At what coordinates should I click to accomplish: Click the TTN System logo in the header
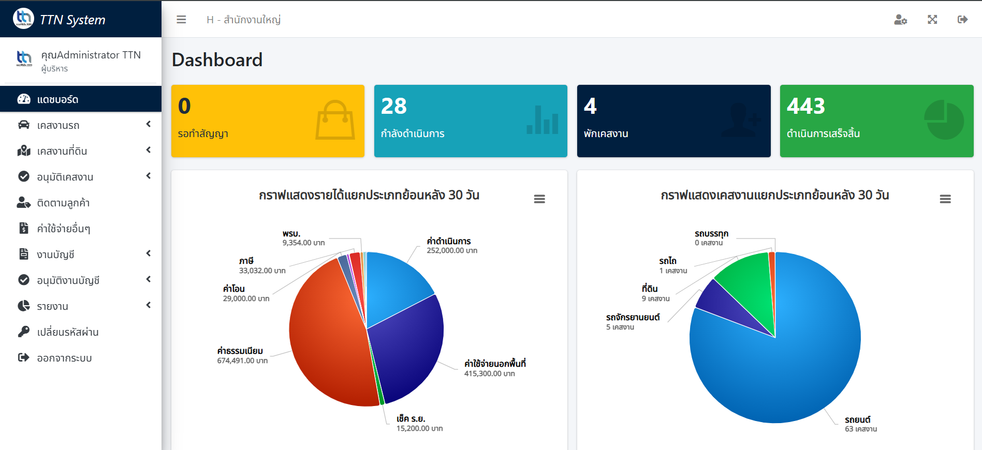23,19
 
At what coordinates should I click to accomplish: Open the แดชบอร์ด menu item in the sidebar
57,99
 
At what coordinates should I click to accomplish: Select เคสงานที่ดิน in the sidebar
62,151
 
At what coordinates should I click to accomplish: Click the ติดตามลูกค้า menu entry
63,203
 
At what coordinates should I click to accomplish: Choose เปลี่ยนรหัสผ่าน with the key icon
67,332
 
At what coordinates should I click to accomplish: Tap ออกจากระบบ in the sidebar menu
64,358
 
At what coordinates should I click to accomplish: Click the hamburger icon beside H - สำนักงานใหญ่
181,20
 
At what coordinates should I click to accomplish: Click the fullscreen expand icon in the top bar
932,20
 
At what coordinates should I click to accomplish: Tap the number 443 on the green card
805,106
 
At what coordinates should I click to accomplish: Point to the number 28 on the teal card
394,106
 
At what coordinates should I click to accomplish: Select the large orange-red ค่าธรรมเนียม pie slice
326,336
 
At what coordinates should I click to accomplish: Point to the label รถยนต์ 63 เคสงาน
860,424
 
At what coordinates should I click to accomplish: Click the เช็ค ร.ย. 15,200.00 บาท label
419,423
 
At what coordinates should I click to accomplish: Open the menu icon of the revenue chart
539,199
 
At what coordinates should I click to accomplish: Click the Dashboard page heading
217,60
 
